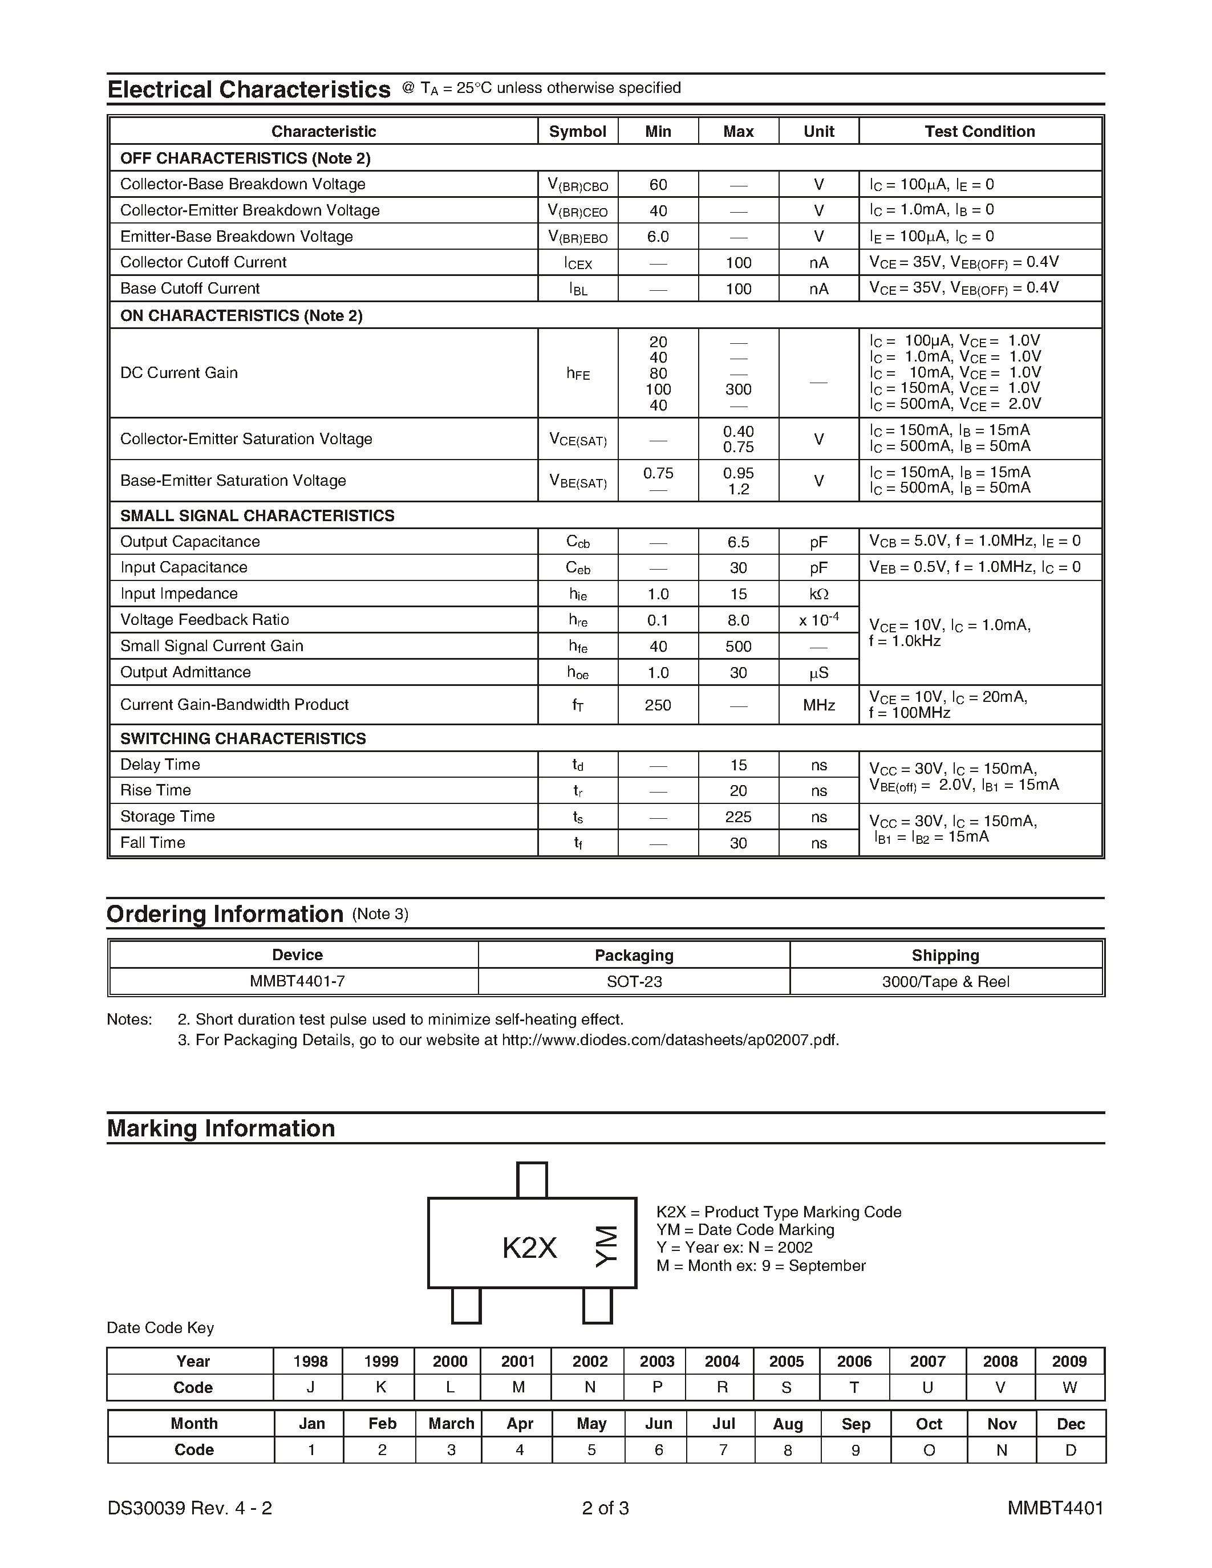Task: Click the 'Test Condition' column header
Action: point(979,131)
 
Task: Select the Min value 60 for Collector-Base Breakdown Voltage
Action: point(658,185)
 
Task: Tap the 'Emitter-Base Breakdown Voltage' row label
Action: point(236,236)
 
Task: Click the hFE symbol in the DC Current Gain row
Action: point(578,373)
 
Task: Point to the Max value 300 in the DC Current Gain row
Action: point(738,389)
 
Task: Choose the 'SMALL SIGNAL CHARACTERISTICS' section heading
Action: point(257,515)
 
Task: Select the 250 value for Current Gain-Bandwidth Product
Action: point(658,705)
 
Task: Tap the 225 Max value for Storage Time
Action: point(738,817)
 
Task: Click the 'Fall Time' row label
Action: point(152,843)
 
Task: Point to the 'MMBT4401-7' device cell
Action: point(297,981)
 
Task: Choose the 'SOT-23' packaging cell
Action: point(634,981)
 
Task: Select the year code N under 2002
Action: point(590,1388)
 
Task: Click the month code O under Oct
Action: point(929,1450)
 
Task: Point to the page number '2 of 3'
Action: point(605,1508)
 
